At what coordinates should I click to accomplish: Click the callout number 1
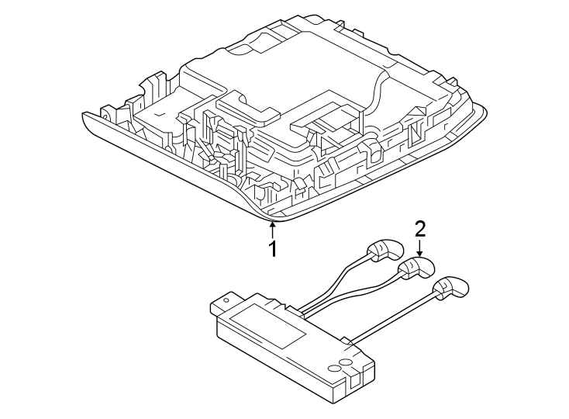click(x=272, y=249)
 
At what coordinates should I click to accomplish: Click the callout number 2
click(x=419, y=228)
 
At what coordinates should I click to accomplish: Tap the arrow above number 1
click(x=272, y=230)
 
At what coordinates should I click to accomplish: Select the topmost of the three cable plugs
click(x=385, y=248)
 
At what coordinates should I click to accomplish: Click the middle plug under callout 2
click(x=416, y=268)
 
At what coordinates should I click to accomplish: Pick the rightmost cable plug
click(x=452, y=286)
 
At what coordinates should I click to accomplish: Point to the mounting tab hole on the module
click(x=229, y=297)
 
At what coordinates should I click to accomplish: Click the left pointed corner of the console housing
click(x=85, y=115)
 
